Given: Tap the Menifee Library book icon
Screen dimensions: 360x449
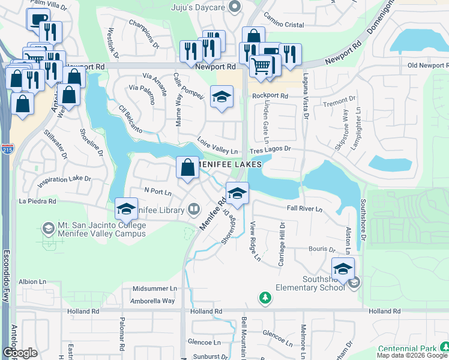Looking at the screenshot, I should pos(194,209).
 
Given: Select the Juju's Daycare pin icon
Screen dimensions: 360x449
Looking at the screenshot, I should pos(235,7).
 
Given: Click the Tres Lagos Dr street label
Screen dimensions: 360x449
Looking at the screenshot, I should pos(270,148).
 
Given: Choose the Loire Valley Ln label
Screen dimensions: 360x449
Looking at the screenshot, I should pos(218,151).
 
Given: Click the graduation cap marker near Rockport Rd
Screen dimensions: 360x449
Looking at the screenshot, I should pos(221,97).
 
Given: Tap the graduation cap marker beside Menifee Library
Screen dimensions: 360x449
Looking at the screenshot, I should pos(127,208).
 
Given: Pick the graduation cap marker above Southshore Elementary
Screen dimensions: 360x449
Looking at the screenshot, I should pos(343,268).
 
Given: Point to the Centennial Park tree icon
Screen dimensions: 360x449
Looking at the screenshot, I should pos(444,347).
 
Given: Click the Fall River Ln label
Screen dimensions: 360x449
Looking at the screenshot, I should pos(304,209).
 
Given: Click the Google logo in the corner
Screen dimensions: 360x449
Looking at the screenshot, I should pos(20,353).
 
